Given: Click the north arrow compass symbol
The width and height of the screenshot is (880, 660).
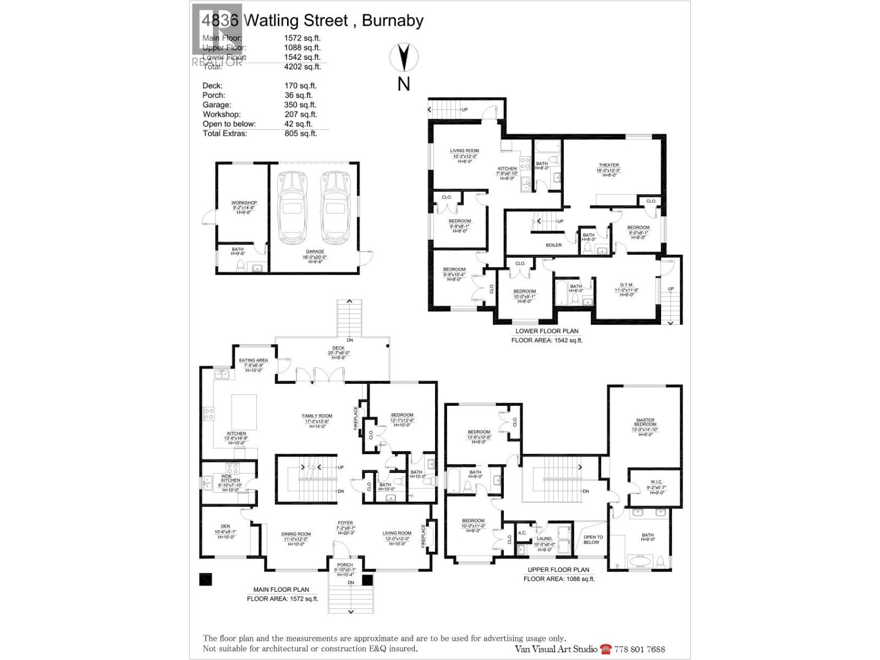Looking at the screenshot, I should (404, 57).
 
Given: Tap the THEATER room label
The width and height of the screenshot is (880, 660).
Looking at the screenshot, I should (609, 165).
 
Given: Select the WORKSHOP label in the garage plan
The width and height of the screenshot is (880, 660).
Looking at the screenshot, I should (244, 203).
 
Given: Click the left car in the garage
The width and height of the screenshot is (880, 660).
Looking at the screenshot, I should (291, 207).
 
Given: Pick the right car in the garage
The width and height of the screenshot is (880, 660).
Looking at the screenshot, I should (334, 207).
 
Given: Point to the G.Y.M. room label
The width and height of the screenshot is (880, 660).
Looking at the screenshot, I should (626, 285).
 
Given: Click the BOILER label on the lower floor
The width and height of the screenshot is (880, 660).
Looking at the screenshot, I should (554, 245).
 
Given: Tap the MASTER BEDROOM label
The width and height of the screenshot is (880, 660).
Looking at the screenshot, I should (645, 422).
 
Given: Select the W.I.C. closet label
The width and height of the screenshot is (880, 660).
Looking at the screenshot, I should (656, 482).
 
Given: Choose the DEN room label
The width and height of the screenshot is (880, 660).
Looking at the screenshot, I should (226, 526).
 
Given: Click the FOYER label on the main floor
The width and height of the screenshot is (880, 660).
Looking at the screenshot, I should (345, 523).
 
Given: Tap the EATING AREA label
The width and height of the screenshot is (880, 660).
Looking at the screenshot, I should (254, 360).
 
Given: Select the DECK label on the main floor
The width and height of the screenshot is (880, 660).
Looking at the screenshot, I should (338, 348).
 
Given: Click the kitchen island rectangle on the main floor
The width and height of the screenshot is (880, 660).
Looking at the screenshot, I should (244, 411).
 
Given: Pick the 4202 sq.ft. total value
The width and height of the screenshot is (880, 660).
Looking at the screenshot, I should (302, 67).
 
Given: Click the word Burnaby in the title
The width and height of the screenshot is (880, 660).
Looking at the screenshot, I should (393, 21).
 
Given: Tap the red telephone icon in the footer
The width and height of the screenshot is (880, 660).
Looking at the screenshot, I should (606, 649).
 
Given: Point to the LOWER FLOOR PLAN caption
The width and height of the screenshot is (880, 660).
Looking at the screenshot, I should (547, 331).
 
